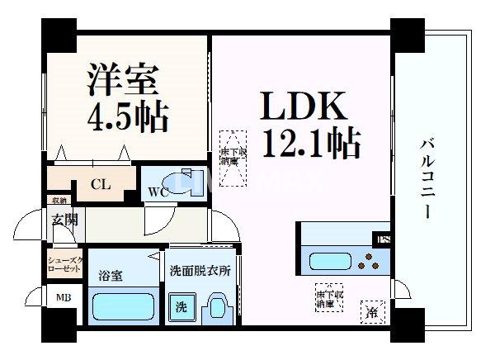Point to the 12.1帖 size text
(310, 145)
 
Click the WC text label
(158, 193)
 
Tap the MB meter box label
(63, 298)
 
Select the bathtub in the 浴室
(122, 307)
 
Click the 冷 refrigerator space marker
(373, 311)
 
